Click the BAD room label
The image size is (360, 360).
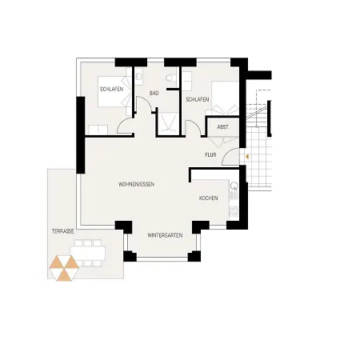[x=154, y=94]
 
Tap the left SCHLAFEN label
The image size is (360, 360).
[x=111, y=89]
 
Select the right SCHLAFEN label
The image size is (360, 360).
[x=197, y=99]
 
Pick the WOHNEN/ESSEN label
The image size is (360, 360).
[x=136, y=185]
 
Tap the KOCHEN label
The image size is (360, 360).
[x=209, y=198]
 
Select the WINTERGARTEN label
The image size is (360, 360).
[x=165, y=235]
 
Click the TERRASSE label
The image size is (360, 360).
[x=63, y=230]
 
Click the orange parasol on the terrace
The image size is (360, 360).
[x=62, y=267]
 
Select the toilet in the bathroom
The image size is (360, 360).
[x=169, y=78]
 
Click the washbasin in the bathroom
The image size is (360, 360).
[x=139, y=77]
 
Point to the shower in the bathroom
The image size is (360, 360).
[x=168, y=122]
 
